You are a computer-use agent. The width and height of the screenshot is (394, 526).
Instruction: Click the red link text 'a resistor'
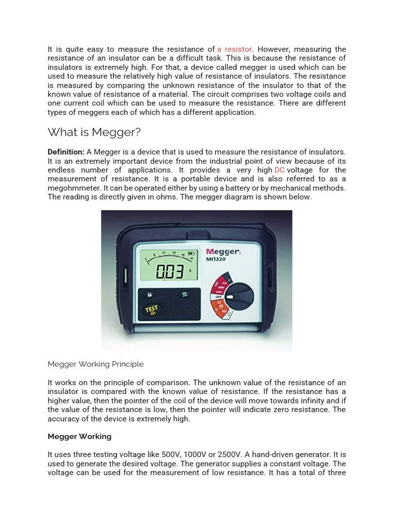[x=234, y=49]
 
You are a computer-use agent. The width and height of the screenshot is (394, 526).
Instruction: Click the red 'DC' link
[x=280, y=170]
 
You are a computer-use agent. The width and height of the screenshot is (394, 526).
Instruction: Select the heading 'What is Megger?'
[x=94, y=133]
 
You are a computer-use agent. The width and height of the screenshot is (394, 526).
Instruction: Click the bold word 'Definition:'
[x=66, y=152]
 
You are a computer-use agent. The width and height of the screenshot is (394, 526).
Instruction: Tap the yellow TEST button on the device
[x=152, y=310]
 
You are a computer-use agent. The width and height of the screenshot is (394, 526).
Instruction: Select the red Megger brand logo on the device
[x=223, y=252]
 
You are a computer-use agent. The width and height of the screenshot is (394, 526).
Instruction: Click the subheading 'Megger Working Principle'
[x=95, y=364]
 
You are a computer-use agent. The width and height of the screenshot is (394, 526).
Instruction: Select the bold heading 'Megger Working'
[x=80, y=437]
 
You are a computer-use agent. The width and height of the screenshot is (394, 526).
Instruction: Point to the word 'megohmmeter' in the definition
[x=71, y=188]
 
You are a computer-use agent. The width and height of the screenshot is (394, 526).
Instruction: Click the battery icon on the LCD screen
[x=192, y=253]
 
